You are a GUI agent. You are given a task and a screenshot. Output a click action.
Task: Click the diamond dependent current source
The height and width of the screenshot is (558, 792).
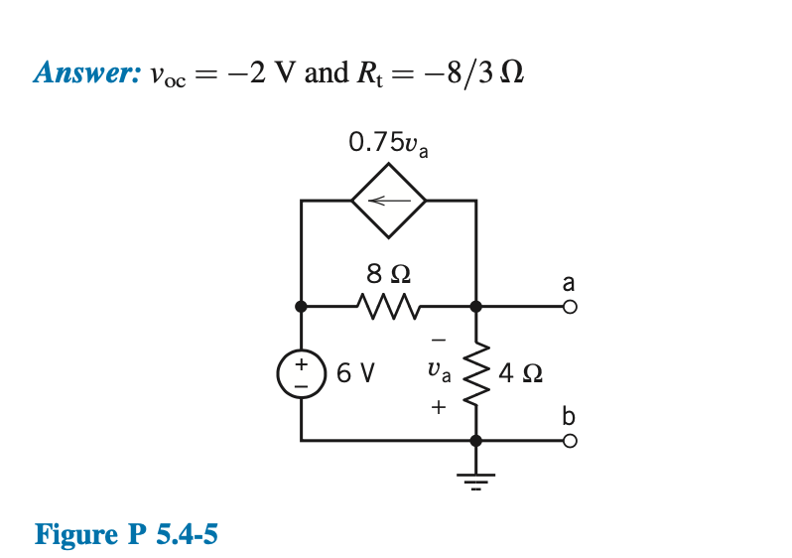click(x=388, y=201)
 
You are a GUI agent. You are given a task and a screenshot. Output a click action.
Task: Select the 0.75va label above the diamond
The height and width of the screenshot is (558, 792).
click(x=388, y=144)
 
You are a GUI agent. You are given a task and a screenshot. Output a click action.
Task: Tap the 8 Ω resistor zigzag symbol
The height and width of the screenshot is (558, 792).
click(x=388, y=307)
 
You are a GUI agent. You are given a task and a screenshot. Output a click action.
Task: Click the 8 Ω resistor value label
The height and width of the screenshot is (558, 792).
click(x=389, y=272)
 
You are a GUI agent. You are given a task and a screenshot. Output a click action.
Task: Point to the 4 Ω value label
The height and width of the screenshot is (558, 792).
click(x=520, y=374)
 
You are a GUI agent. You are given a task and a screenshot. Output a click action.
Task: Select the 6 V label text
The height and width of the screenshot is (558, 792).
click(x=355, y=374)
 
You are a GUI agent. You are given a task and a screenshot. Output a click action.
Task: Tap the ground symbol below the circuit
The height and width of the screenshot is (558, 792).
click(x=475, y=482)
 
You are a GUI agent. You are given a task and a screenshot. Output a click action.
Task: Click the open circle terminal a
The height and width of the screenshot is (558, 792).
click(x=569, y=307)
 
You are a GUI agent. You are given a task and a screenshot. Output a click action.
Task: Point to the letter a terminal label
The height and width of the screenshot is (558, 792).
click(x=569, y=283)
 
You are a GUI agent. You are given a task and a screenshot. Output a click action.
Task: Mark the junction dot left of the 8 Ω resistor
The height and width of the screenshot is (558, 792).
click(x=301, y=307)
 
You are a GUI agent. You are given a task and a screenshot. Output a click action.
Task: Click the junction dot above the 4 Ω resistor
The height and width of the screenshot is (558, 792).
click(x=475, y=307)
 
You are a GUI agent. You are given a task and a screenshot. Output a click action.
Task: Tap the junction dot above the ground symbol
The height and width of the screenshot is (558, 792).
click(x=475, y=439)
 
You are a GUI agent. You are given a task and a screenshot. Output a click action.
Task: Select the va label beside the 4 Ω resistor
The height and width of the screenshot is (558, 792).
click(x=438, y=374)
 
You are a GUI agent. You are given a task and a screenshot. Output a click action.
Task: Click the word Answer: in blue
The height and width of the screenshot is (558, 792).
click(x=84, y=72)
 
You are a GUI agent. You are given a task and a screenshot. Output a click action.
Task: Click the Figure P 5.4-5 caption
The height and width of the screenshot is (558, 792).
click(x=126, y=535)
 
